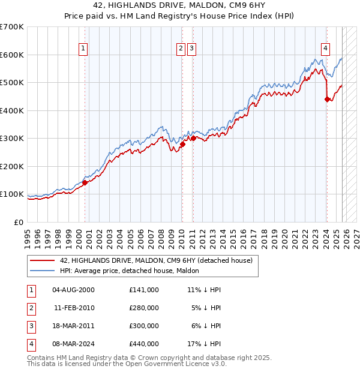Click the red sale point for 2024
327,100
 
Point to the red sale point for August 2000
85,182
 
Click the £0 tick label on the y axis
18,222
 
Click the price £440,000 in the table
143,344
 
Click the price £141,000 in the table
143,290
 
